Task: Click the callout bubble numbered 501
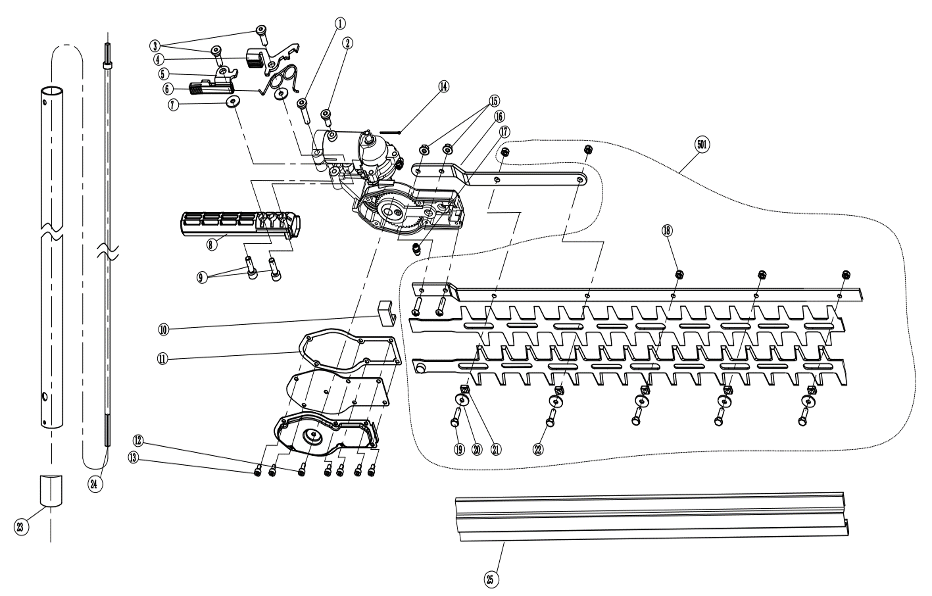point(702,145)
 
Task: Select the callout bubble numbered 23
point(21,527)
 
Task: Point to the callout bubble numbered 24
point(94,484)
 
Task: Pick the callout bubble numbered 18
point(667,231)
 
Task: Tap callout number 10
point(164,330)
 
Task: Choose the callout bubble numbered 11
point(163,359)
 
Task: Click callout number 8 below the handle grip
point(211,245)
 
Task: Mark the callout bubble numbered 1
point(340,24)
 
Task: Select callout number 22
point(538,449)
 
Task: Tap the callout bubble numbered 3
point(155,46)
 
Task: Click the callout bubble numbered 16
point(499,116)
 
